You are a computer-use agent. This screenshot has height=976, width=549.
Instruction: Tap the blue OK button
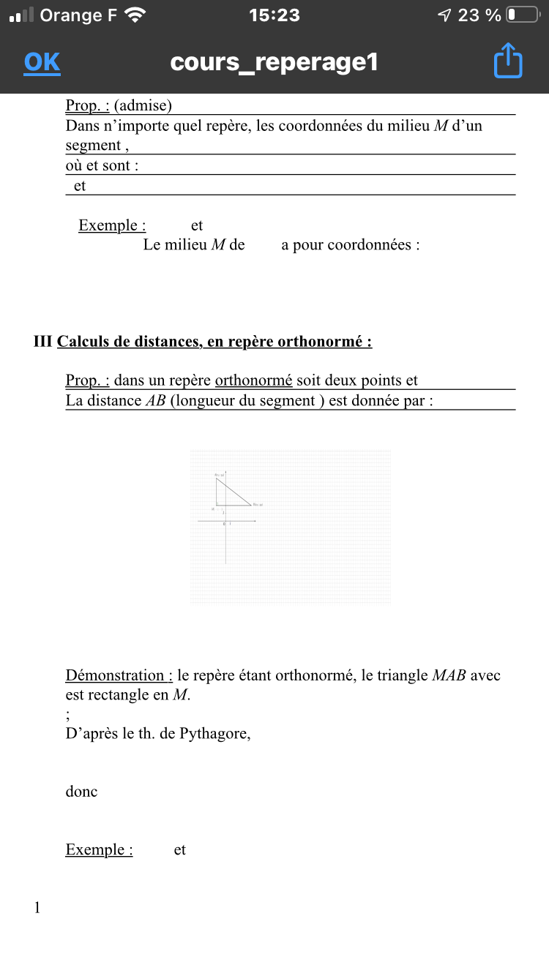click(42, 62)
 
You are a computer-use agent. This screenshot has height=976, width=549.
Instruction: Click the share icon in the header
click(508, 61)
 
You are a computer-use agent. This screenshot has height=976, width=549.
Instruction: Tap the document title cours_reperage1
click(274, 62)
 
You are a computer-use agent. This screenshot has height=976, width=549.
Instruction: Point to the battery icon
click(522, 15)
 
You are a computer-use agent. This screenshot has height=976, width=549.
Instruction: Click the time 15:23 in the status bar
click(274, 15)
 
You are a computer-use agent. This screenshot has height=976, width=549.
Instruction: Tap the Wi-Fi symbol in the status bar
click(135, 15)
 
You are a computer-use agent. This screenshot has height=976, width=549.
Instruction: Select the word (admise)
click(143, 105)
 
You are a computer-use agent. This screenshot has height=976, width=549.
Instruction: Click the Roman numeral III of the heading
click(43, 342)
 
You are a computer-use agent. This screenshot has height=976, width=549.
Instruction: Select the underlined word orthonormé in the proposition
click(253, 380)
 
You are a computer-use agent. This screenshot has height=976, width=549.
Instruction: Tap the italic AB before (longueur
click(156, 400)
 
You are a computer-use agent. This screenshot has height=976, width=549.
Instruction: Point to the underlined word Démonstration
click(119, 675)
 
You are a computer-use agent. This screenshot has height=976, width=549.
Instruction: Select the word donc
click(81, 792)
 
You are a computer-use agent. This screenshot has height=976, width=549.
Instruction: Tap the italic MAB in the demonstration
click(449, 675)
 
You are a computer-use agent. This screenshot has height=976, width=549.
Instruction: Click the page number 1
click(37, 908)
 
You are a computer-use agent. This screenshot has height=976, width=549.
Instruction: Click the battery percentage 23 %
click(479, 15)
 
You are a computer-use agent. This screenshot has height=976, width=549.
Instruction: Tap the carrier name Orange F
click(78, 15)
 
